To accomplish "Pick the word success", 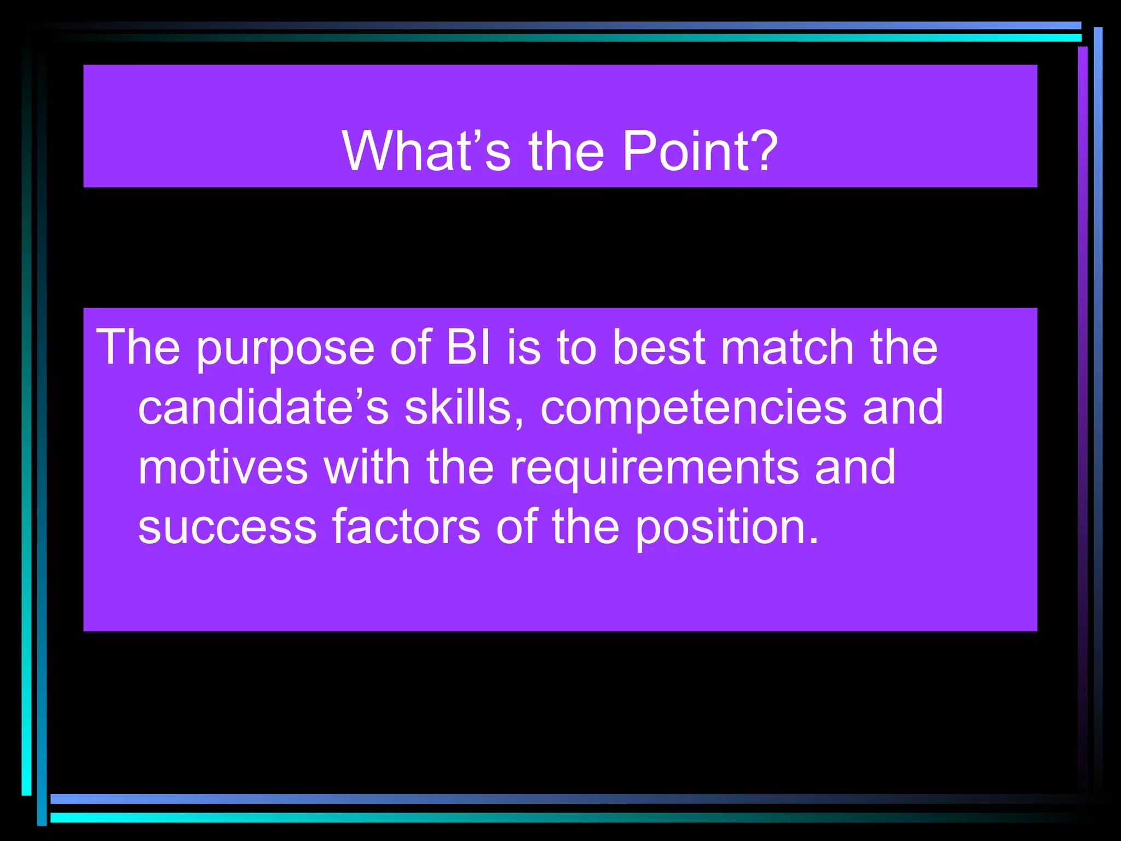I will (x=227, y=527).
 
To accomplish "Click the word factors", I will (x=406, y=527).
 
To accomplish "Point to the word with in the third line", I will (x=366, y=467).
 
